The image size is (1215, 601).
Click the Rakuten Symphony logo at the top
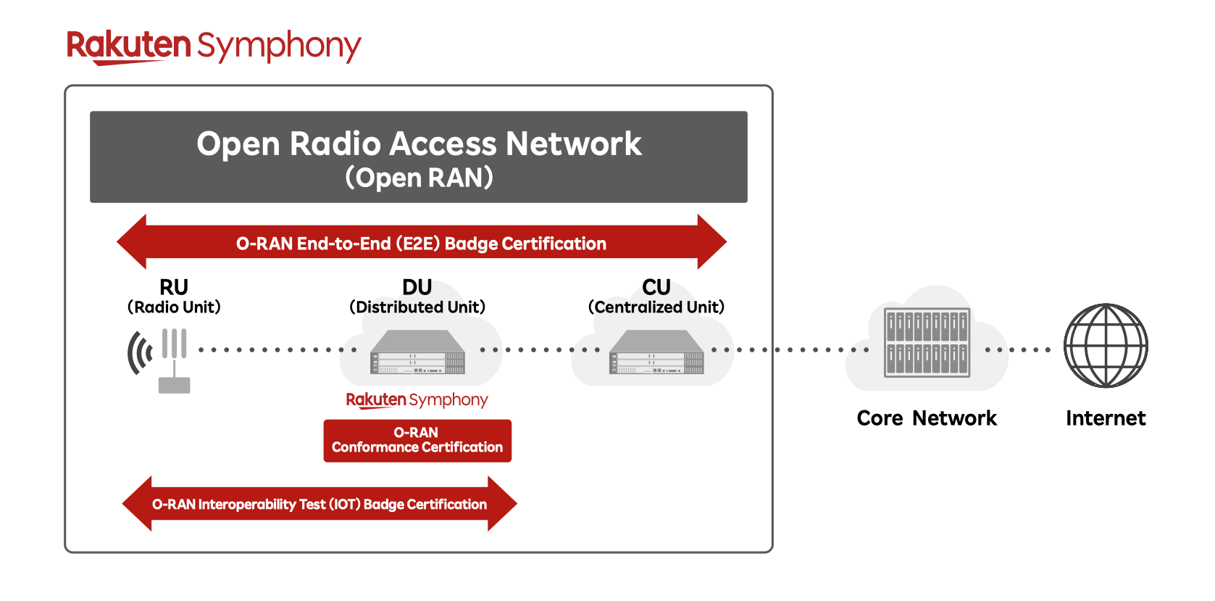click(x=214, y=46)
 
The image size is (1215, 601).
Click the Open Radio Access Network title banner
click(x=418, y=157)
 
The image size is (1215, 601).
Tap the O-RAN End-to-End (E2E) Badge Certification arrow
click(x=421, y=243)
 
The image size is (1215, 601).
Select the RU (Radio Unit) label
click(x=174, y=297)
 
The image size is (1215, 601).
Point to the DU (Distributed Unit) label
click(x=417, y=297)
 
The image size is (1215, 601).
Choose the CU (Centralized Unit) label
click(x=656, y=297)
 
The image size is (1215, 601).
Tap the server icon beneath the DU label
click(x=417, y=352)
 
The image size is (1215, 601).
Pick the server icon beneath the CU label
click(x=656, y=352)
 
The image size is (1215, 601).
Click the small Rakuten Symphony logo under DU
click(x=417, y=399)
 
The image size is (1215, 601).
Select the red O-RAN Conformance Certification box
click(x=417, y=440)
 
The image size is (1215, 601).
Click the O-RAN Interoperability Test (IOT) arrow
click(x=320, y=504)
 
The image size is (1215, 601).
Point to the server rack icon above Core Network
click(x=927, y=342)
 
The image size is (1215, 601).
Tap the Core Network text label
click(x=927, y=418)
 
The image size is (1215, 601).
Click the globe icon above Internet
click(x=1106, y=345)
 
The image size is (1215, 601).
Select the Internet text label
click(x=1106, y=418)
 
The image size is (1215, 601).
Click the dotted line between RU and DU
click(x=277, y=349)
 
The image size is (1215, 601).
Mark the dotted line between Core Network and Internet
click(x=1018, y=349)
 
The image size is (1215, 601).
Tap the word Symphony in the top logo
click(x=279, y=46)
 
